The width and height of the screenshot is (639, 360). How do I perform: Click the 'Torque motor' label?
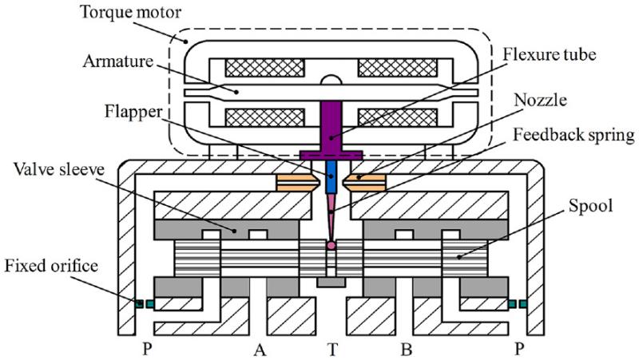(130, 12)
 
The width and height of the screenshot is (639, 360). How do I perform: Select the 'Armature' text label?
(117, 61)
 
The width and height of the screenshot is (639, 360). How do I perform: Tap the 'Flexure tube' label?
(550, 54)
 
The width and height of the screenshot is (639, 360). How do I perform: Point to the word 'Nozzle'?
(540, 100)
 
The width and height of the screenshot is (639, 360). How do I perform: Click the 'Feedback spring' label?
(574, 135)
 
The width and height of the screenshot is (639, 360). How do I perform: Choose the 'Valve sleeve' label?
(58, 169)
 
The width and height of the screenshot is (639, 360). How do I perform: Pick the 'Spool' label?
(590, 207)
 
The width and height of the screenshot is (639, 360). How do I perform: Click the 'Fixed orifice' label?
(51, 266)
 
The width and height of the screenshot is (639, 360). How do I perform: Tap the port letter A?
(260, 350)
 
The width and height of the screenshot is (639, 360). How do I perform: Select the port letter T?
(333, 350)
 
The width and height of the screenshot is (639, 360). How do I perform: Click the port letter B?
(406, 350)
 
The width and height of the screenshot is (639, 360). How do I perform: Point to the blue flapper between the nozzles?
(331, 176)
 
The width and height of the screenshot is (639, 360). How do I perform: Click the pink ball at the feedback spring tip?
(331, 245)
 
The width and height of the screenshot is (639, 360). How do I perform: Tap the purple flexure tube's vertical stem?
(331, 125)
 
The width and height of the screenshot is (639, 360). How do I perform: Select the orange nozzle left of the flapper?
(296, 183)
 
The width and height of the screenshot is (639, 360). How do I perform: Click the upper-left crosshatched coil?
(265, 68)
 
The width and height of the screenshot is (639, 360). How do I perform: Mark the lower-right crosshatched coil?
(397, 117)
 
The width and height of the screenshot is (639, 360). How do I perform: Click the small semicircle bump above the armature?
(331, 81)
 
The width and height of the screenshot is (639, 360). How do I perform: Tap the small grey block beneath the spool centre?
(331, 283)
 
